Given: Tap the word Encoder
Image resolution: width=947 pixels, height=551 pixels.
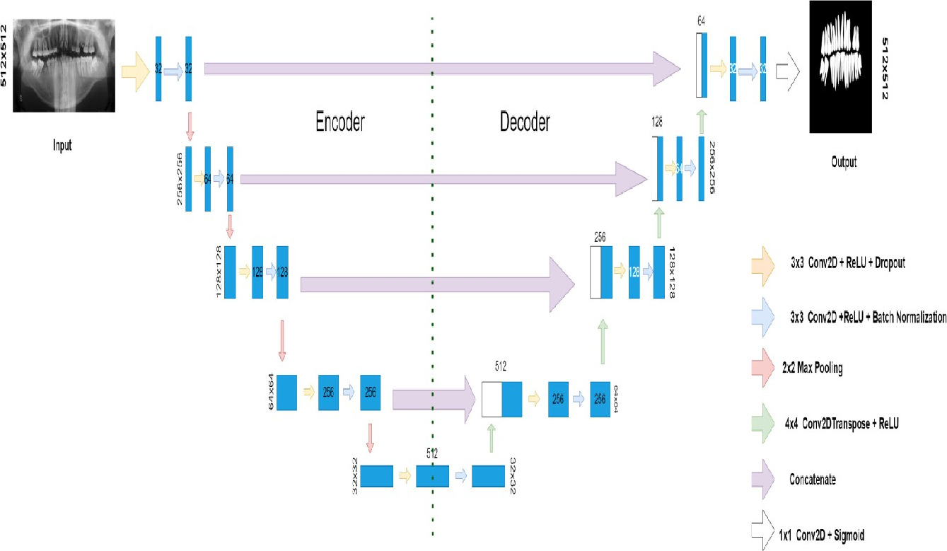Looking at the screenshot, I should pyautogui.click(x=340, y=122).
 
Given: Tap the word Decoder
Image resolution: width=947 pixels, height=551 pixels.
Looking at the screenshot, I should pyautogui.click(x=525, y=122).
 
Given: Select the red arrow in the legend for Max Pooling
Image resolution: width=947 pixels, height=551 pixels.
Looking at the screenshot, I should pyautogui.click(x=763, y=369).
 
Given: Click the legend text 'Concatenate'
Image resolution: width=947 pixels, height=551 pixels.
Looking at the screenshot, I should pyautogui.click(x=813, y=480).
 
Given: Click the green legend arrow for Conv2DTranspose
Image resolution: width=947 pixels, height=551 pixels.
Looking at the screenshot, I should pyautogui.click(x=763, y=424).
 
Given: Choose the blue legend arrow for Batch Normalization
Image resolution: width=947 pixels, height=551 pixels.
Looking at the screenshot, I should pyautogui.click(x=763, y=317).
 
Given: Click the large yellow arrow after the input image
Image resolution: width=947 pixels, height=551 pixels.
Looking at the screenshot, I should pyautogui.click(x=136, y=69).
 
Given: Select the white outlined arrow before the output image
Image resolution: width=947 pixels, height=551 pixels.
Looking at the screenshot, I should pyautogui.click(x=787, y=69).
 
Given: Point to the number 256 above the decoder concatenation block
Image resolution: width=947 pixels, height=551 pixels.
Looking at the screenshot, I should pyautogui.click(x=600, y=238).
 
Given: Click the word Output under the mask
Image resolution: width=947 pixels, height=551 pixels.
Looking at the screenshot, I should pyautogui.click(x=844, y=162).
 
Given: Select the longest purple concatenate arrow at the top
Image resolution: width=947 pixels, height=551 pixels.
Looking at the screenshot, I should pyautogui.click(x=442, y=69).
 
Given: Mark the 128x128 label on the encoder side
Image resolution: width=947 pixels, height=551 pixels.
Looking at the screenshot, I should pyautogui.click(x=219, y=272).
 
